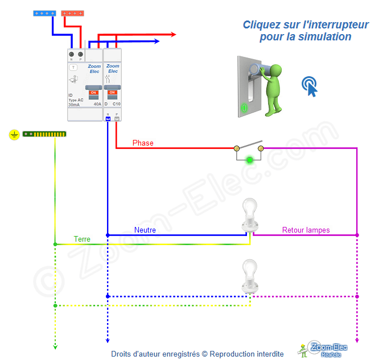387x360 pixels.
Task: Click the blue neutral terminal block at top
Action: [x=44, y=13]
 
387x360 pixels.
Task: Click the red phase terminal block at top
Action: [x=72, y=13]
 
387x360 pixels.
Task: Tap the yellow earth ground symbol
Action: [x=14, y=135]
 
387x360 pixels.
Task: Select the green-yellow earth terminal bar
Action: [x=44, y=134]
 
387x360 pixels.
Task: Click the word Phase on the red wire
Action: [x=143, y=143]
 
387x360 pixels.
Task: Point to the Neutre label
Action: [x=145, y=230]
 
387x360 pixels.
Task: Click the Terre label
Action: [x=82, y=239]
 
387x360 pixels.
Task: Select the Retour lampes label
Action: [x=306, y=230]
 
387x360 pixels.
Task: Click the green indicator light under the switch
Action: [x=249, y=160]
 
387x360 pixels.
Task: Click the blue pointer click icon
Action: [x=309, y=85]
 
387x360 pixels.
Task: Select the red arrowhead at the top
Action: [x=172, y=35]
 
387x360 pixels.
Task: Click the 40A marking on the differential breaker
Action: [x=97, y=105]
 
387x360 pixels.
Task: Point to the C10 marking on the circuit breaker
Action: [x=116, y=105]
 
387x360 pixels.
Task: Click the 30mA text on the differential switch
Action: [x=74, y=105]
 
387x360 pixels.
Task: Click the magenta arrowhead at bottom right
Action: [x=357, y=341]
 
